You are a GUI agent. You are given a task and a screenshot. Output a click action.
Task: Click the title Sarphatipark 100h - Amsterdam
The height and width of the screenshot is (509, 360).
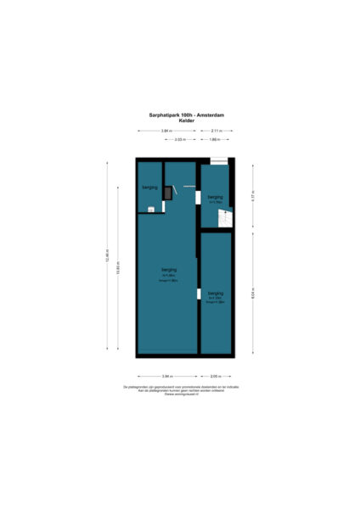180,115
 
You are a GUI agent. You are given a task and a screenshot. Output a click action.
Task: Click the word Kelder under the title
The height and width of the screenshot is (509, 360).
180,120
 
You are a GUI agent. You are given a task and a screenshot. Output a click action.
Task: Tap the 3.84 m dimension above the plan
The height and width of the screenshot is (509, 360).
166,131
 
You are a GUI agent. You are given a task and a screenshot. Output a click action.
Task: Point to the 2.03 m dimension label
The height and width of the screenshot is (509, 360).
179,139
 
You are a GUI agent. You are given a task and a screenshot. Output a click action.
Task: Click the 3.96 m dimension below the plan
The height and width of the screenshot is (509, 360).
167,376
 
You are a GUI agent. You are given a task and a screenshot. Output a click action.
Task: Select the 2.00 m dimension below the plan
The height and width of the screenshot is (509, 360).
216,376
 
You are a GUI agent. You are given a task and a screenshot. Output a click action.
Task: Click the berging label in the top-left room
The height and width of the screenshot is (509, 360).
149,186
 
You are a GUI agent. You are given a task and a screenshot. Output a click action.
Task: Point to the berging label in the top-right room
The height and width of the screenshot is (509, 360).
215,198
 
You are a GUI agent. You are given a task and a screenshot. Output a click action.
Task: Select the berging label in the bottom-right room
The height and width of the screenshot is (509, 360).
216,294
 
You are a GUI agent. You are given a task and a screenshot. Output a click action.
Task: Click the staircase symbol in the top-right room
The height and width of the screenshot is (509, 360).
225,219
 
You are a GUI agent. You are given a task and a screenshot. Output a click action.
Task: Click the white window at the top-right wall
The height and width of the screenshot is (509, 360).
218,161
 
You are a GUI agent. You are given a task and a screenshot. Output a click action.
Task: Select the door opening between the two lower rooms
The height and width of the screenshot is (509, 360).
199,294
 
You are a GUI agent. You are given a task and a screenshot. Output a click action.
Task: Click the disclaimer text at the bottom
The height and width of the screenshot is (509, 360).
180,389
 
